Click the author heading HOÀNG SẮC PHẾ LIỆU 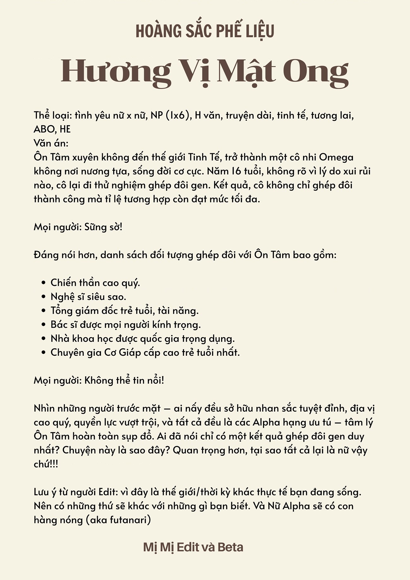(x=205, y=31)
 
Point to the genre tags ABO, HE (x=52, y=129)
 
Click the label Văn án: (x=51, y=143)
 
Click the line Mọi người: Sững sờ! (x=78, y=227)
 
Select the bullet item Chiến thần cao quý (x=95, y=283)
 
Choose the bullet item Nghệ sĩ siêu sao (x=88, y=296)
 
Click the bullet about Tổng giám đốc (x=124, y=311)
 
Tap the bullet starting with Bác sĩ (x=126, y=325)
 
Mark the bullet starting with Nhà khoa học (x=143, y=338)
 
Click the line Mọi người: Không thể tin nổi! (x=99, y=380)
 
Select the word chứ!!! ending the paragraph (x=46, y=464)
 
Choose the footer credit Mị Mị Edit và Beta (x=193, y=547)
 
